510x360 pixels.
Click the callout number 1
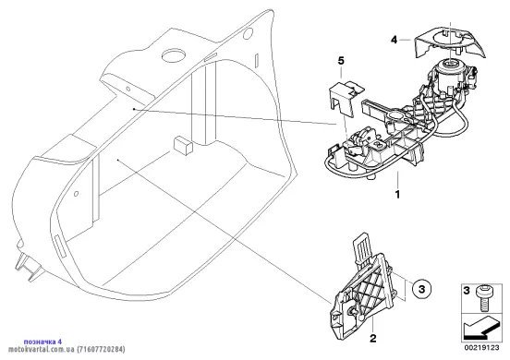(x=397, y=195)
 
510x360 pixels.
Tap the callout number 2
(x=373, y=338)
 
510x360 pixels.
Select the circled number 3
(x=421, y=289)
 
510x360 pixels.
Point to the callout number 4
(x=395, y=40)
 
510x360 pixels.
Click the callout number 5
(x=341, y=60)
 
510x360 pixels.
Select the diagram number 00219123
(x=481, y=348)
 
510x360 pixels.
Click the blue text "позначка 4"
(x=42, y=342)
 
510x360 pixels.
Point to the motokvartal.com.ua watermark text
(x=66, y=349)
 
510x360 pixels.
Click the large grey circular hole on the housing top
(x=174, y=56)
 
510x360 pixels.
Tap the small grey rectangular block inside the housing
(x=184, y=146)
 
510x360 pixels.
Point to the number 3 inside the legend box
(x=467, y=290)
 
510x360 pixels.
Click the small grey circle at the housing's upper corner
(x=248, y=33)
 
